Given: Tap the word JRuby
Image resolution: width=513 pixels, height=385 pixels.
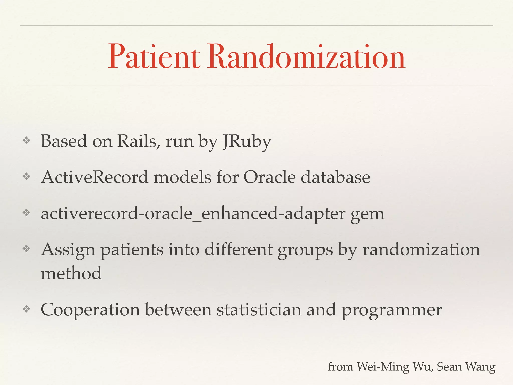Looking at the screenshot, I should (247, 142).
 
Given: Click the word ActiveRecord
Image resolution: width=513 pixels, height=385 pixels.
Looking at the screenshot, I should (95, 177).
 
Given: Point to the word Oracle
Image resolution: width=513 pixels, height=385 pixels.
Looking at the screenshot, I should (270, 177).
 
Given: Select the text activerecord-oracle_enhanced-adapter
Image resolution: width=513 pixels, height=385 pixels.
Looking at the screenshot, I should (193, 214).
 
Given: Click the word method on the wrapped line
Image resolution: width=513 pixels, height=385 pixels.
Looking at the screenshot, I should (71, 273).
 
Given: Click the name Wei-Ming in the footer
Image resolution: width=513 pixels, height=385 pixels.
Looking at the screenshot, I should (383, 367).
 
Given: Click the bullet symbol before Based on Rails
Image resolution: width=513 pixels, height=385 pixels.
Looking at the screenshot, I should (26, 141).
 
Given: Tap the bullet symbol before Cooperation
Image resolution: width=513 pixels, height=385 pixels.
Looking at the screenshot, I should (26, 309).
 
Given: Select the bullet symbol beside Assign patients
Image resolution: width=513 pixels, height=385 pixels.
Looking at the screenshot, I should (26, 249).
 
